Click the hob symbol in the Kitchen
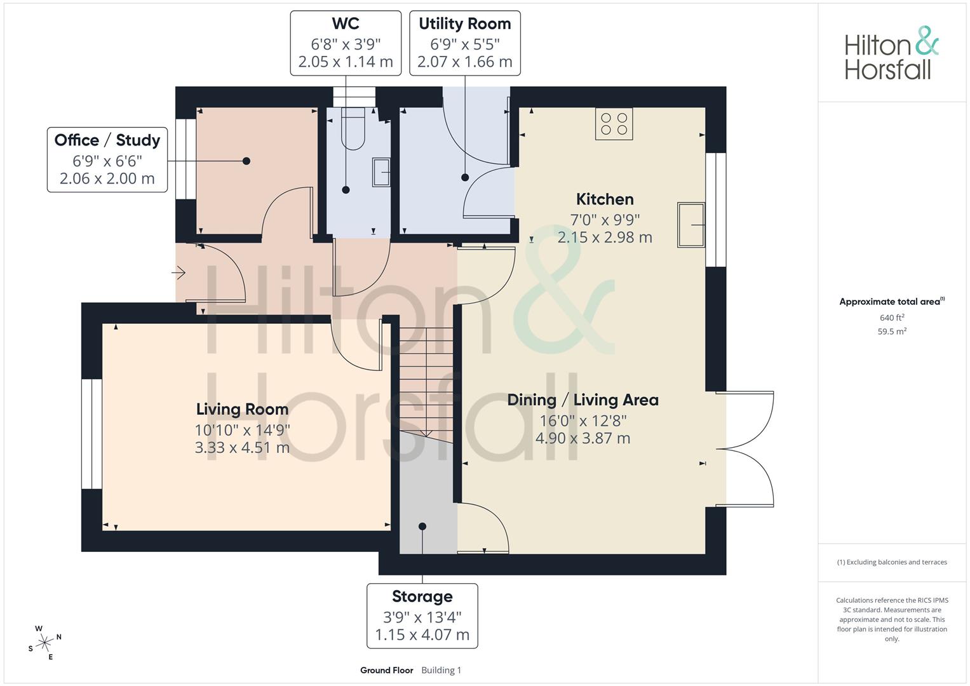click(x=614, y=124)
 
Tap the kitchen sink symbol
click(x=691, y=225)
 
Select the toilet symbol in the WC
click(x=353, y=128)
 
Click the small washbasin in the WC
click(x=381, y=172)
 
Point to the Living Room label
click(x=243, y=409)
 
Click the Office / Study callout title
click(x=107, y=140)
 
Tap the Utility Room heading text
click(x=465, y=24)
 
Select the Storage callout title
click(x=422, y=596)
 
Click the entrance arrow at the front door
click(x=179, y=273)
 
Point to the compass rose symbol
click(x=44, y=643)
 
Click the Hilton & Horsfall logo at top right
click(x=892, y=53)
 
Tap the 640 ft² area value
click(x=892, y=318)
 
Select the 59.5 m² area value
click(x=892, y=332)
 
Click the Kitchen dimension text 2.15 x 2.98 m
click(x=605, y=238)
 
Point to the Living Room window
click(x=92, y=434)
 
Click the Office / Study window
click(x=185, y=159)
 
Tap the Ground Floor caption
click(x=387, y=670)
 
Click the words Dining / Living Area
click(x=583, y=400)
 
